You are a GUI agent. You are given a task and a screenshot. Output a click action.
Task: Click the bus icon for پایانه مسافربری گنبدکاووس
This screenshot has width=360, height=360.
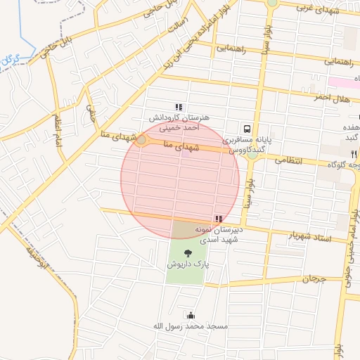[x=247, y=129]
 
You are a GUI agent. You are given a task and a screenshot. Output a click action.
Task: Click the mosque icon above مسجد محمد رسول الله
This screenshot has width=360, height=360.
[x=188, y=315]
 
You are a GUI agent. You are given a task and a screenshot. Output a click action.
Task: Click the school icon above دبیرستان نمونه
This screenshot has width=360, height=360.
[x=219, y=219]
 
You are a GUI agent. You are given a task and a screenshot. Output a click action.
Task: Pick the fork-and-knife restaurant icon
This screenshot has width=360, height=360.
[x=354, y=153]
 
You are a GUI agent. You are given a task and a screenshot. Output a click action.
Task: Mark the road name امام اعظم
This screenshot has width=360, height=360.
[x=56, y=129]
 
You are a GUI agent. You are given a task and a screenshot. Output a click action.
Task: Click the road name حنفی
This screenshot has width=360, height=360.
[x=90, y=112]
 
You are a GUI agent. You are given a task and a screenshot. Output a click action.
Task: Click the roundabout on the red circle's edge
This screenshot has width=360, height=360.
[x=141, y=141]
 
